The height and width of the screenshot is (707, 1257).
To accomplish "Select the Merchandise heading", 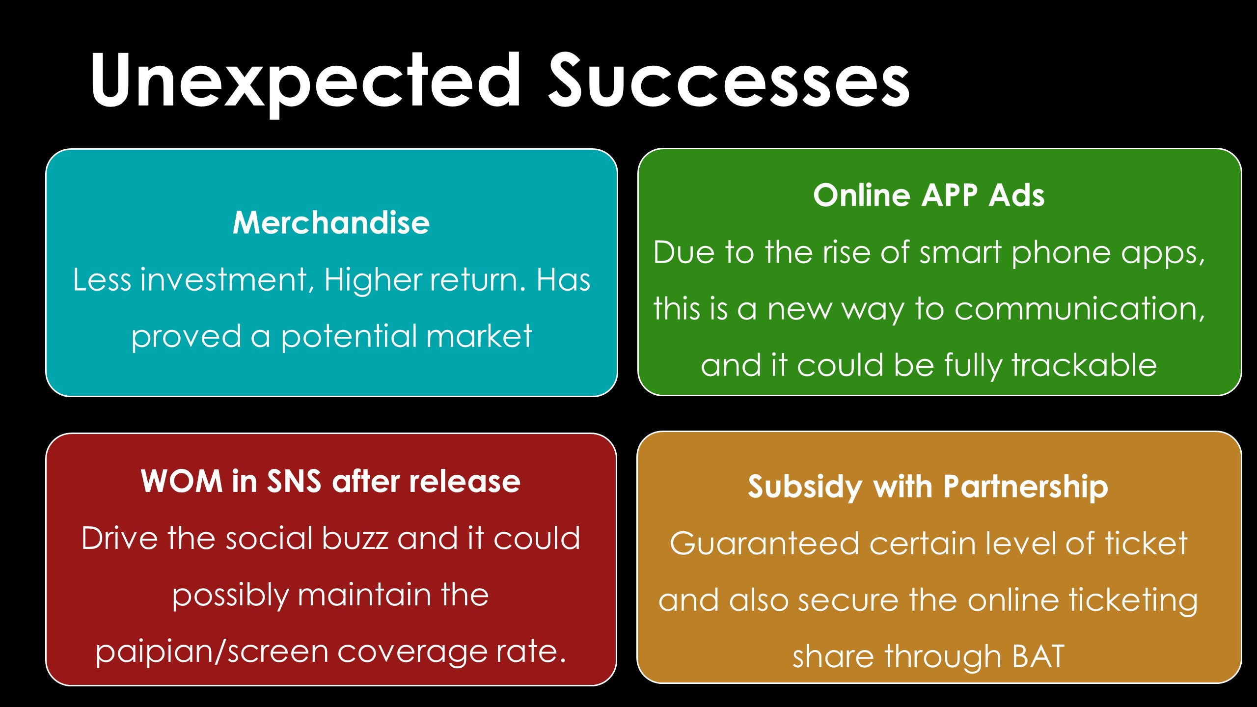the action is coord(331,222).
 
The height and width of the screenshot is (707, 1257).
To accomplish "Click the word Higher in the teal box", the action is coord(373,280).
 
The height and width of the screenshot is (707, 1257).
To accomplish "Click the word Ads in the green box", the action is coord(1016,195).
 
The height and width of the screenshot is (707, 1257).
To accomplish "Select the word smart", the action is coord(960,253).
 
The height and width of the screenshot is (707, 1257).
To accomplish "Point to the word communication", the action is coord(1080,309).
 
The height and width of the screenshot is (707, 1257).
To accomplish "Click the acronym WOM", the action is coord(182,481).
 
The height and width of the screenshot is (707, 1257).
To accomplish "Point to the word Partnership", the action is coord(1026,487).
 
